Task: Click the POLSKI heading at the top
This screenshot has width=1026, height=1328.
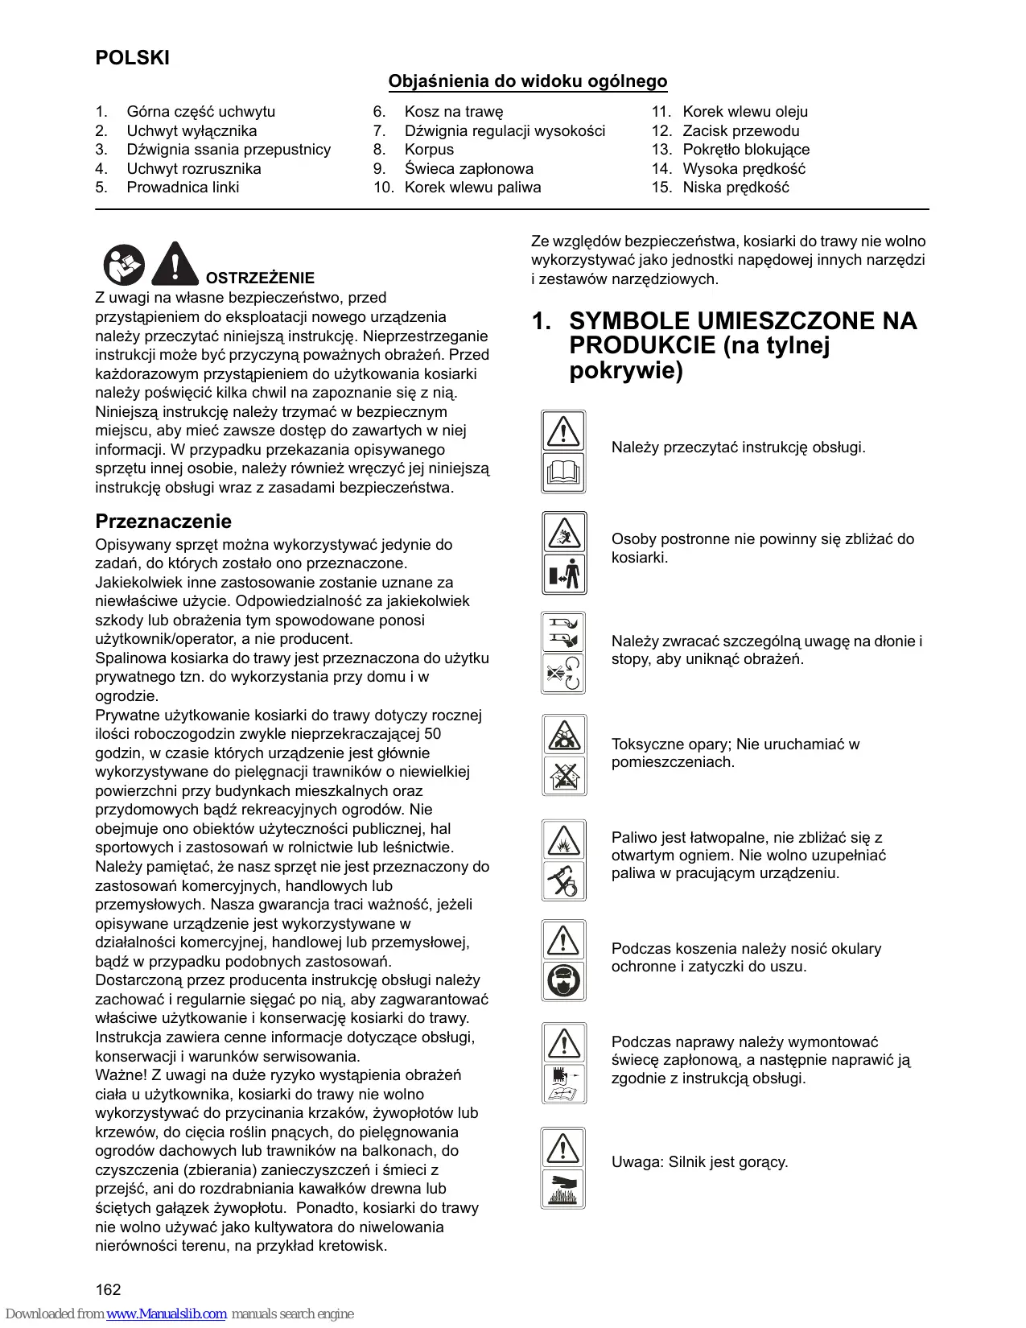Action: click(x=132, y=58)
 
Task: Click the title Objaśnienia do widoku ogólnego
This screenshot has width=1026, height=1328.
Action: click(x=527, y=81)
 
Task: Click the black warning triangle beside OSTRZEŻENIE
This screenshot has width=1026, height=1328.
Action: click(x=175, y=264)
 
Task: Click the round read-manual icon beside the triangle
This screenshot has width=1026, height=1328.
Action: click(x=124, y=265)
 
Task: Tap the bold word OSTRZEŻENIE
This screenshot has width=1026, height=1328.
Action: click(x=260, y=278)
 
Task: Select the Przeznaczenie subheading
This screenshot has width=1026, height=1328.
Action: click(x=163, y=521)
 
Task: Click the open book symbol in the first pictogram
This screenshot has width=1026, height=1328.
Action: click(x=563, y=472)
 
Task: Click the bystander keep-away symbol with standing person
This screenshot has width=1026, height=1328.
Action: click(x=564, y=574)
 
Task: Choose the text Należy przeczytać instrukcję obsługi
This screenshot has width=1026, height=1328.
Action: click(x=738, y=447)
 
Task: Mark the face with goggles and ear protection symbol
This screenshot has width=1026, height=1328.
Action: click(x=563, y=981)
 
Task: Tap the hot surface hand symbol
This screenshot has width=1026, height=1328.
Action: click(x=563, y=1189)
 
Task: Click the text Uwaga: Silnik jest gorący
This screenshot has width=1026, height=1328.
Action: click(x=699, y=1162)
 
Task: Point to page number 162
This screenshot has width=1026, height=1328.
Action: click(x=108, y=1289)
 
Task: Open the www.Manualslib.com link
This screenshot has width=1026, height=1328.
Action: click(x=167, y=1314)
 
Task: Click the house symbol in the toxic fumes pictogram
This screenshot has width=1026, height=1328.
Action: click(x=564, y=776)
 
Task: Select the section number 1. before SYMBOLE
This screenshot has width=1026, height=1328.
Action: click(x=542, y=321)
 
